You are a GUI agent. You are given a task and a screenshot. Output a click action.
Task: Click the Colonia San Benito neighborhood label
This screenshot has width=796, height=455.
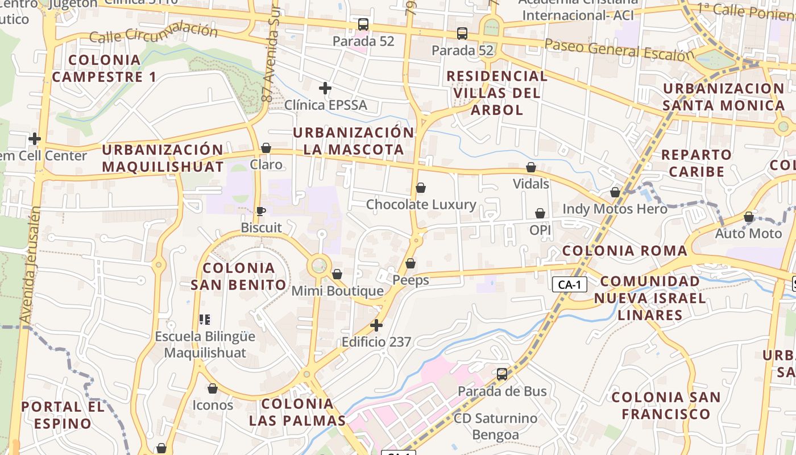(x=238, y=276)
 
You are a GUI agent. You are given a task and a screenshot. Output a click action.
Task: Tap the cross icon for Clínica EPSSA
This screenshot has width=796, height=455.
(x=325, y=88)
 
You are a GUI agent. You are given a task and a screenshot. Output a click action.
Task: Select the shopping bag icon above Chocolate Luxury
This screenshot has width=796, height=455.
(x=421, y=188)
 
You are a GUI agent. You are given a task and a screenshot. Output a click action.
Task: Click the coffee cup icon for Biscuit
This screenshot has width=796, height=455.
(x=260, y=212)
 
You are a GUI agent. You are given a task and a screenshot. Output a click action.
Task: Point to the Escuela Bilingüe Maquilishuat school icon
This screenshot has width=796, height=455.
(x=205, y=320)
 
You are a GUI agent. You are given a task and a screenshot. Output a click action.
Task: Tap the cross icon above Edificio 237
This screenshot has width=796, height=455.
(x=376, y=325)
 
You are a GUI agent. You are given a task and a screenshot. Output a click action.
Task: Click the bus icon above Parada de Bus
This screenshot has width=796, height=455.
(x=502, y=374)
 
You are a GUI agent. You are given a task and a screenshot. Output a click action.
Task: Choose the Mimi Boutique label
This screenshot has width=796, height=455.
(x=338, y=291)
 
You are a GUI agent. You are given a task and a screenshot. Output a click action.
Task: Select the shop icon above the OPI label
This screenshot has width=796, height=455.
(x=540, y=214)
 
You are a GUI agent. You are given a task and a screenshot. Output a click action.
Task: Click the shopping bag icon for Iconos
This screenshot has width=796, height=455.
(x=213, y=389)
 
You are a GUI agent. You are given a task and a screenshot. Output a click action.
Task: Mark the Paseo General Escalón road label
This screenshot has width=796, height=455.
(x=620, y=50)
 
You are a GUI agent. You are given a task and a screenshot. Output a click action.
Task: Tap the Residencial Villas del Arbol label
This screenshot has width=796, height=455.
(x=497, y=93)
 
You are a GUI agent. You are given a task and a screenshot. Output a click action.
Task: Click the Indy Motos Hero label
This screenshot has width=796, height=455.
(x=615, y=209)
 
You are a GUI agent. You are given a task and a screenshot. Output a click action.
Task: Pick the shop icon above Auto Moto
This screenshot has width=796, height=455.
(x=749, y=217)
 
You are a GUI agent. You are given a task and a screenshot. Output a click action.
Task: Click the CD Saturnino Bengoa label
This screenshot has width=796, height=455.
(x=495, y=427)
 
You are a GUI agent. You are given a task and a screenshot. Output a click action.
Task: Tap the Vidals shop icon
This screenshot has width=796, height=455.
(x=531, y=168)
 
